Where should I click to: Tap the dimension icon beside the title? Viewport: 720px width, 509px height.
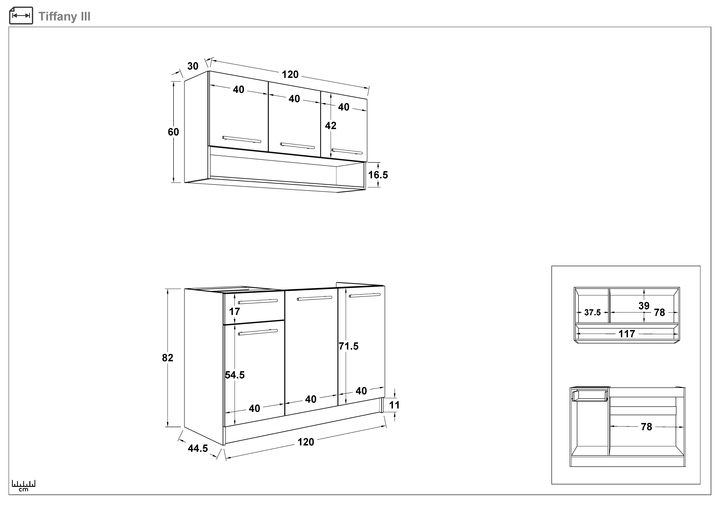click(21, 16)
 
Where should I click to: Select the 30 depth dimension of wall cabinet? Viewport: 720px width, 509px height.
click(193, 66)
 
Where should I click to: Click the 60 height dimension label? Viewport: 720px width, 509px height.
click(173, 132)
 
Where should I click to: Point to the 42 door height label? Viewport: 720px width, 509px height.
click(330, 126)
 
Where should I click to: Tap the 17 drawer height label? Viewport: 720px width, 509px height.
click(235, 312)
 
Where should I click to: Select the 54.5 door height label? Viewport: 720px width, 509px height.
click(235, 375)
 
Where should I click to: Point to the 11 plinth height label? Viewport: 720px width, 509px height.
click(394, 405)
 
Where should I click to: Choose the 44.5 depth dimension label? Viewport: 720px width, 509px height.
click(198, 449)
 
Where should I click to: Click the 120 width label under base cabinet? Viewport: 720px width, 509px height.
click(306, 442)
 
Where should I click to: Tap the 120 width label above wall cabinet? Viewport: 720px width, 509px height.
click(290, 75)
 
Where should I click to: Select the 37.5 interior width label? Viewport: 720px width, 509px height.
click(592, 313)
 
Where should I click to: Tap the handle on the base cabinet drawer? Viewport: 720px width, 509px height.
click(258, 302)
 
